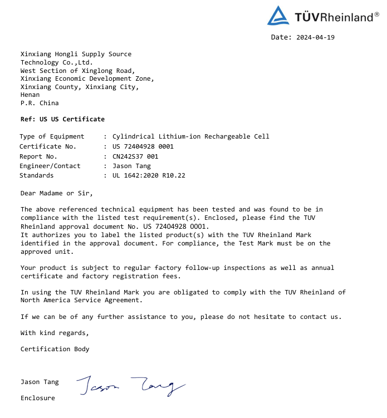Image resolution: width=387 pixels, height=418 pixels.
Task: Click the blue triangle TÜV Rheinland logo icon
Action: coord(278,16)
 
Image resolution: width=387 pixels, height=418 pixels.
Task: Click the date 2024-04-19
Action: coord(316,37)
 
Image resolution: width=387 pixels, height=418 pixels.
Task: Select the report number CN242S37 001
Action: coord(135,156)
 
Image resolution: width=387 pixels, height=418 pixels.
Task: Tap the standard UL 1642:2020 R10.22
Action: coord(149,175)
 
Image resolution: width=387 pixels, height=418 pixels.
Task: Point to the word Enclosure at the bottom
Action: coord(38,398)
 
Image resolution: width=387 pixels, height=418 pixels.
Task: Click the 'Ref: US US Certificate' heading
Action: coord(62,119)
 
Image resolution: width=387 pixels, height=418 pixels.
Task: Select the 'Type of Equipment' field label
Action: coord(52,136)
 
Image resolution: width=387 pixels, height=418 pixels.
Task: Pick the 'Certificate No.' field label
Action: coord(47,146)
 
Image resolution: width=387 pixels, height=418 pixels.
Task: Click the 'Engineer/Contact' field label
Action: coord(50,166)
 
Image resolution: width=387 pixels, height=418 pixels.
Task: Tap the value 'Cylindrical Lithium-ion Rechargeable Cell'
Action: coord(190,136)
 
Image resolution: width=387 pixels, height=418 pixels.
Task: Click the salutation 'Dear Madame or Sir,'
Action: coord(57,193)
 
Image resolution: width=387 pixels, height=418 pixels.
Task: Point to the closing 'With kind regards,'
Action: coord(55,333)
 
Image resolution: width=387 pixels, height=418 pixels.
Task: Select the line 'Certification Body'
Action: coord(55,349)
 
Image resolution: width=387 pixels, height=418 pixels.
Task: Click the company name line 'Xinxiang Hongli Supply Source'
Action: coord(76,54)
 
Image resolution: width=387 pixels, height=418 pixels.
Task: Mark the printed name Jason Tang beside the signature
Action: coord(40,382)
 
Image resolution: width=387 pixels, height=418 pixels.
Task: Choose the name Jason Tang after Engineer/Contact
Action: coord(131,166)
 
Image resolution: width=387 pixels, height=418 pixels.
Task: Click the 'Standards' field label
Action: coord(37,175)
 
